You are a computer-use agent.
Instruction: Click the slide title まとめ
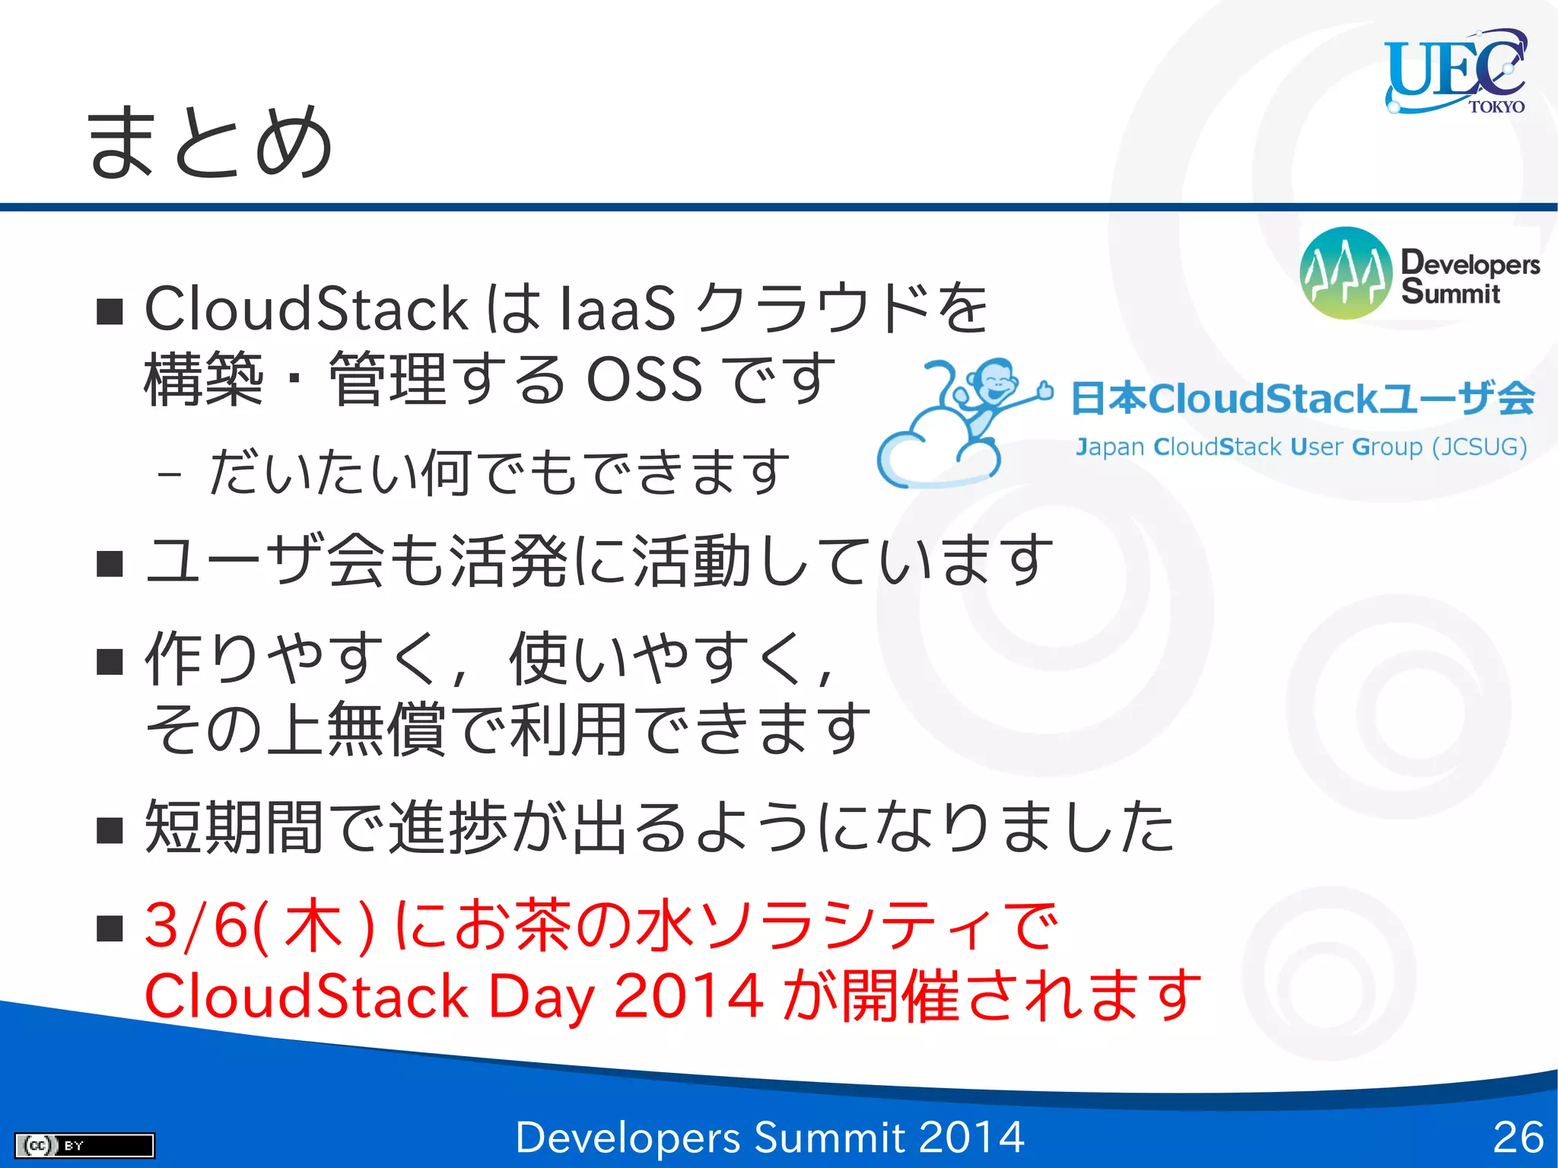coord(209,142)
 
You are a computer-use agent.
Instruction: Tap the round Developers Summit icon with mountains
coord(1346,272)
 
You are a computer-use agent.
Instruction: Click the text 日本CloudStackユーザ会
coord(1302,399)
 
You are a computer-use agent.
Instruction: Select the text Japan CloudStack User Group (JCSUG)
coord(1301,447)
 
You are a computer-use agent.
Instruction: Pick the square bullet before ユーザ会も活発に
coord(110,564)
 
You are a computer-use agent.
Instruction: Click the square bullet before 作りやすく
coord(110,662)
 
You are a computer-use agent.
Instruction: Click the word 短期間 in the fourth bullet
coord(234,827)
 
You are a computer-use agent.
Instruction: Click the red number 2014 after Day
coord(688,995)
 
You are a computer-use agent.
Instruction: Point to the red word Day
coord(540,997)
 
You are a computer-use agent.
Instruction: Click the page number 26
coord(1518,1138)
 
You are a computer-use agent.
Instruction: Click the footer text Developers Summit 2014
coord(769,1138)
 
